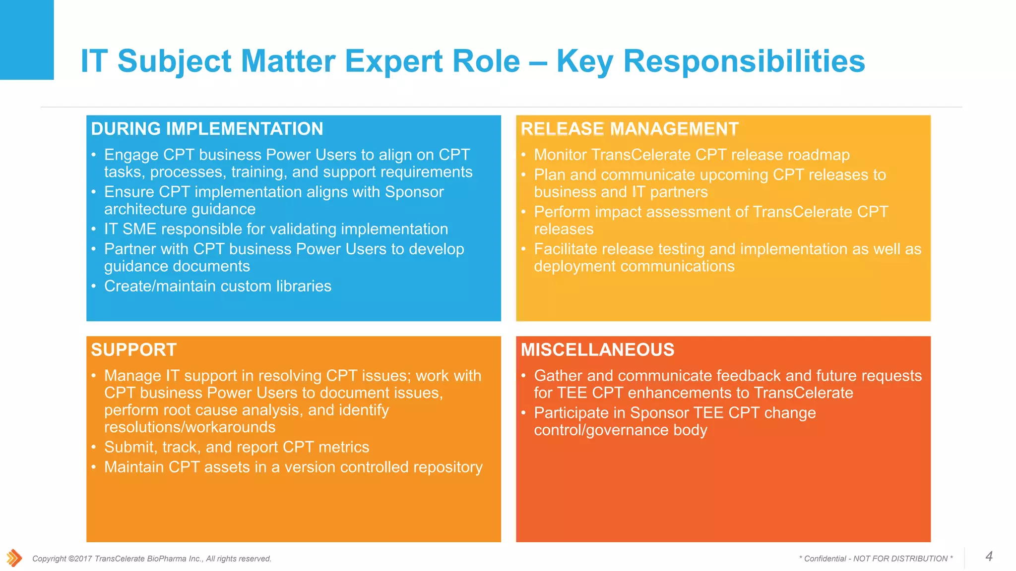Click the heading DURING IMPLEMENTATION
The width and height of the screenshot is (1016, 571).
click(207, 129)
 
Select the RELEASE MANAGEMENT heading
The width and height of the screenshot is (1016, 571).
click(629, 129)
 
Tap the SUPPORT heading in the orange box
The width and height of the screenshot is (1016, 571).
click(133, 350)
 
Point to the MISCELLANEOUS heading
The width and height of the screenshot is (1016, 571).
click(597, 350)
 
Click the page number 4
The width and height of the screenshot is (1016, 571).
click(989, 556)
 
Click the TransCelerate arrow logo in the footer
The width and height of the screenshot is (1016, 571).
click(14, 558)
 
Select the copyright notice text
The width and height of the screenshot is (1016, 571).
click(152, 559)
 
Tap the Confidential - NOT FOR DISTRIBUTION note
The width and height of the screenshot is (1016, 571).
click(876, 559)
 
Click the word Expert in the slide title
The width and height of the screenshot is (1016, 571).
click(432, 61)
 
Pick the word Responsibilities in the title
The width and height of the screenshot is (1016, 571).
click(744, 61)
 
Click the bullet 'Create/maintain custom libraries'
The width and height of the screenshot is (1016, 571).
click(217, 286)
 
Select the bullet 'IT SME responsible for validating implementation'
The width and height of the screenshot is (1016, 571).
click(276, 229)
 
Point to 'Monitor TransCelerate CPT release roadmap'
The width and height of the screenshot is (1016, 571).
click(692, 155)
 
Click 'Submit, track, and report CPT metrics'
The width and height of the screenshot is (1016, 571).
click(237, 447)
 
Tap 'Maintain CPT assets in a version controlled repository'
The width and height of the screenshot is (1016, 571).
click(293, 467)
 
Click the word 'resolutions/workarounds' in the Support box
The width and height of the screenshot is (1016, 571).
click(190, 427)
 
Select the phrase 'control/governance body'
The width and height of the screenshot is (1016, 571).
click(620, 430)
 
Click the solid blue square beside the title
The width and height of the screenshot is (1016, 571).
click(27, 40)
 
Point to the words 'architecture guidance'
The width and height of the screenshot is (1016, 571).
click(180, 209)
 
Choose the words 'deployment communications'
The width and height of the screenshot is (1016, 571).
click(634, 266)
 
